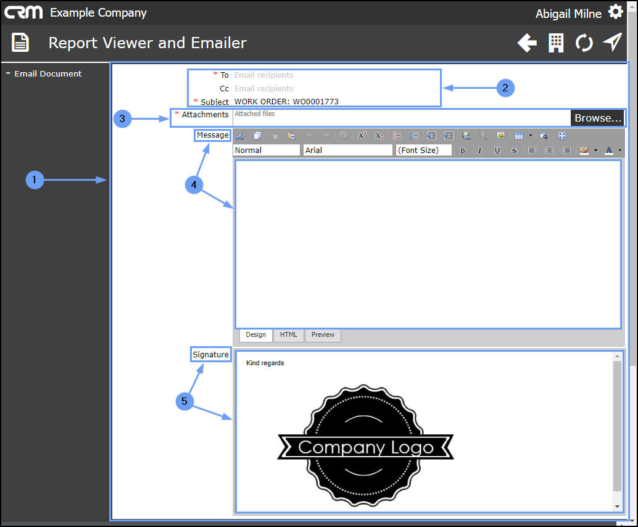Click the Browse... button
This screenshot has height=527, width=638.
(597, 118)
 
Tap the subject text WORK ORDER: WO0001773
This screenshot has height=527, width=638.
(286, 102)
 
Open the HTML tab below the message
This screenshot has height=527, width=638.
(288, 335)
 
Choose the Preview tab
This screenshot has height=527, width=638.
(323, 335)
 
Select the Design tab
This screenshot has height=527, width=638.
(255, 335)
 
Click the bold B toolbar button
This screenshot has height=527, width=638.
(462, 151)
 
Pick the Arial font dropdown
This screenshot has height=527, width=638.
(347, 150)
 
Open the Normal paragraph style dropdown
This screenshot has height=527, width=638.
(266, 150)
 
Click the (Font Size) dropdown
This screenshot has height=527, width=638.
(423, 150)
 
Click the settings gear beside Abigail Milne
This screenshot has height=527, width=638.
(615, 12)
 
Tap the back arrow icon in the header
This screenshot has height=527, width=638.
(526, 43)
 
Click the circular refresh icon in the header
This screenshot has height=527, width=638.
(584, 43)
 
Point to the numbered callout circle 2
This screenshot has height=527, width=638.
(505, 88)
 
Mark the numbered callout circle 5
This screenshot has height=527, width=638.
(184, 402)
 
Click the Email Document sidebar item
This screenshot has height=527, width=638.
(48, 73)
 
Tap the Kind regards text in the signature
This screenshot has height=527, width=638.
(265, 363)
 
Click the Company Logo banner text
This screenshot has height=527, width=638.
(366, 447)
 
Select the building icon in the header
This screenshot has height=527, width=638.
(556, 43)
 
